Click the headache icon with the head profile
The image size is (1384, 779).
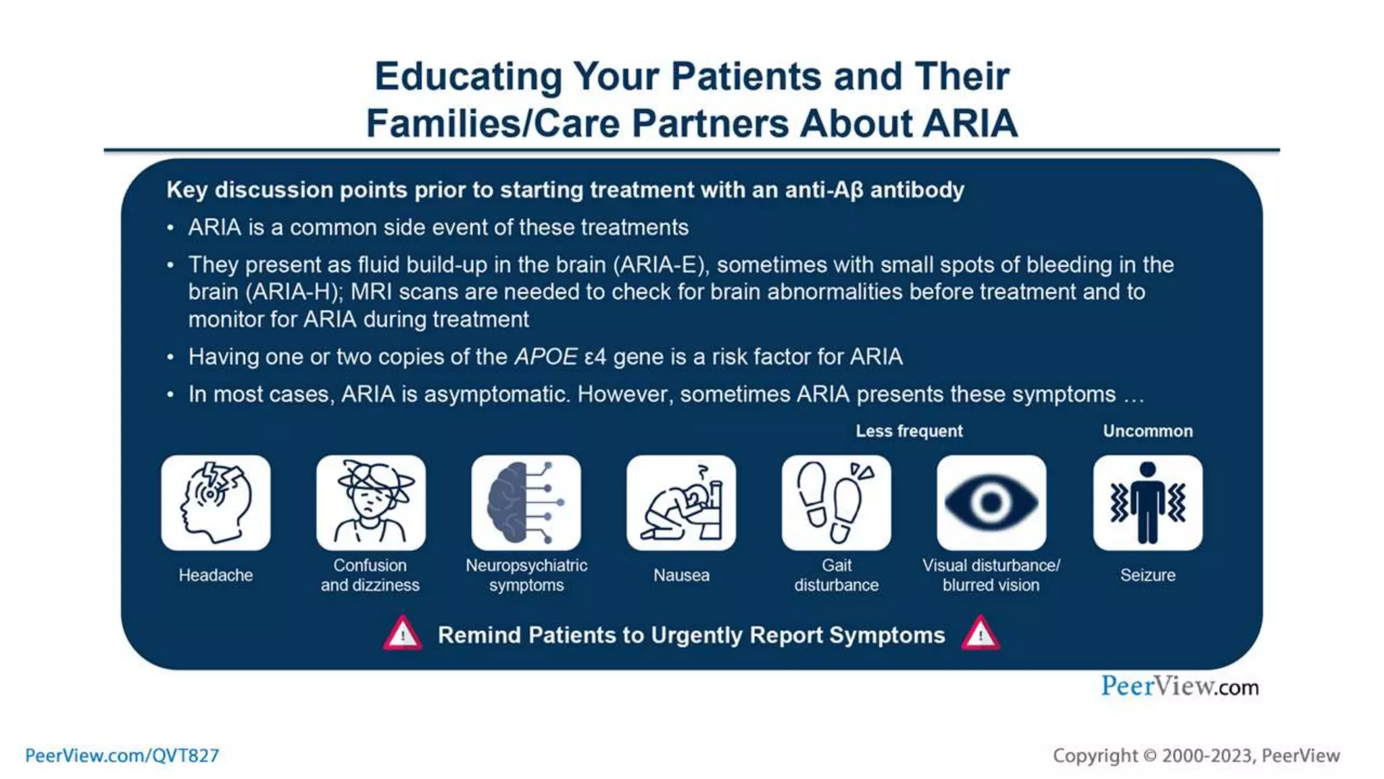[x=216, y=502]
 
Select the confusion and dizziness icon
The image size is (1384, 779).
[x=370, y=502]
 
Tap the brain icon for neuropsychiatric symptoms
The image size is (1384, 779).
[x=526, y=502]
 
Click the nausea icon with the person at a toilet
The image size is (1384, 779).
[x=681, y=502]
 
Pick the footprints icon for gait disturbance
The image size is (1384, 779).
[x=836, y=502]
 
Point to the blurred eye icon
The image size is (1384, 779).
[x=991, y=502]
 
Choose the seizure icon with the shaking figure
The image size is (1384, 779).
[x=1147, y=502]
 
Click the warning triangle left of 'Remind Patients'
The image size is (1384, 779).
[x=403, y=634]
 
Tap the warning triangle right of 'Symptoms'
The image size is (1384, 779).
[x=981, y=634]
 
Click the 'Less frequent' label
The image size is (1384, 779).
[x=909, y=431]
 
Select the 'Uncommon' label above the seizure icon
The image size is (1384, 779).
[x=1147, y=431]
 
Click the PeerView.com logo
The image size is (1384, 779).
[x=1179, y=686]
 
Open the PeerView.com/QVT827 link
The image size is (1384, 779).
[x=122, y=755]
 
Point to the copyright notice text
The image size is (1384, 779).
[x=1195, y=755]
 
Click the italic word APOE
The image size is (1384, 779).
[x=546, y=356]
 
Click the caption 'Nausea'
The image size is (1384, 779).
[x=681, y=575]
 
